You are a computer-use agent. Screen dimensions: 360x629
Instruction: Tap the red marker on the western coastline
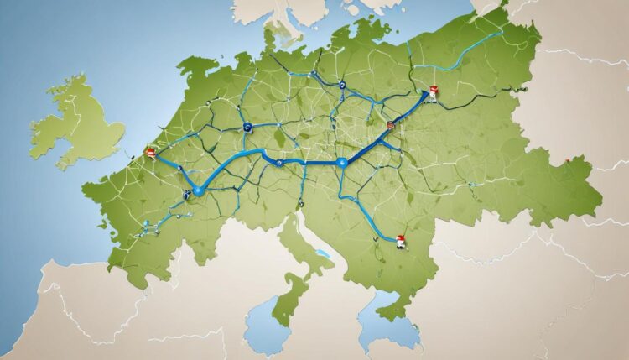click(x=150, y=153)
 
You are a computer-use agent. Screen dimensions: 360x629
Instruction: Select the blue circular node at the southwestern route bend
click(x=198, y=191)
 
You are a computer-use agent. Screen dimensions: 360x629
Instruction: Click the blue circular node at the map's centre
click(x=342, y=163)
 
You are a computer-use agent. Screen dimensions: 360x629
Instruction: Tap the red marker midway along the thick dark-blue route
click(x=389, y=126)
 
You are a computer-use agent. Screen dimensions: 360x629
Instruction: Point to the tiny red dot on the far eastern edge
click(x=568, y=160)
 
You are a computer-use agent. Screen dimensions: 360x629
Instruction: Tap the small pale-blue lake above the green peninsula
click(x=321, y=253)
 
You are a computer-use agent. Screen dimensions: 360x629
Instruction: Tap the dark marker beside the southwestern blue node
click(x=186, y=194)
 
